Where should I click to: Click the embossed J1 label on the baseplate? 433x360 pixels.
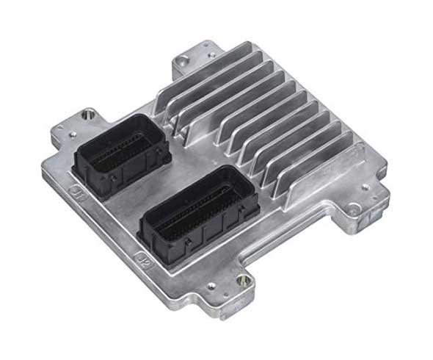(78, 195)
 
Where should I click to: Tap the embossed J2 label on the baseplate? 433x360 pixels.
(145, 261)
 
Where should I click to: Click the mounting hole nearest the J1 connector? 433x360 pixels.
(90, 115)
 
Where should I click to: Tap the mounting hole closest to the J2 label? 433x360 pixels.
(242, 280)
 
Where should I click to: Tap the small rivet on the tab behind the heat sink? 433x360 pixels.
(212, 54)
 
